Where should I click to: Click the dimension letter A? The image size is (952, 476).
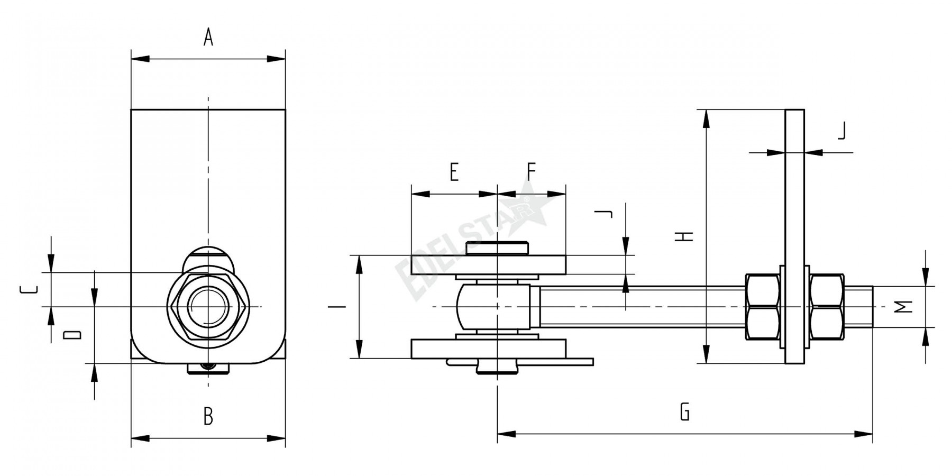208,38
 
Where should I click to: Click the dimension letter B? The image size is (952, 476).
208,417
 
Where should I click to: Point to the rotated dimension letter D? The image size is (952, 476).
73,334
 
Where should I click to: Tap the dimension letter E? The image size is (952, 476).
454,172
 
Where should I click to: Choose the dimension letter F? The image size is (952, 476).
532,172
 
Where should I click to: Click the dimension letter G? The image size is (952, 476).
685,411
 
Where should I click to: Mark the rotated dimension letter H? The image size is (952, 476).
685,236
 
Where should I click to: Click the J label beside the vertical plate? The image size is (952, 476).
841,131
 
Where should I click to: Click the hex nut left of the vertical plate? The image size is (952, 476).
762,307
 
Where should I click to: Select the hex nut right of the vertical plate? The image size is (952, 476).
826,307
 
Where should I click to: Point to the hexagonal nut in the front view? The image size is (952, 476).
208,307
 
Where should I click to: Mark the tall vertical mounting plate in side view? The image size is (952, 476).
794,236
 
